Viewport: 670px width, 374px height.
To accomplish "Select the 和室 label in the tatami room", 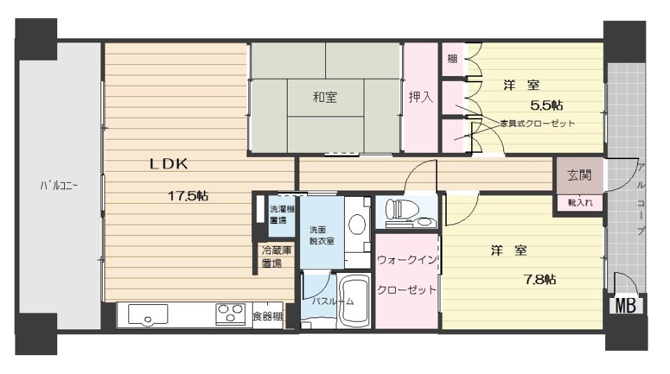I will coord(325,98).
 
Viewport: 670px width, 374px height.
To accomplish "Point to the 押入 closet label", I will coord(420,98).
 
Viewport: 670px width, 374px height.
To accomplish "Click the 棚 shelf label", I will coord(452,59).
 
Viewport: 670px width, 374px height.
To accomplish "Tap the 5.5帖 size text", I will coord(546,105).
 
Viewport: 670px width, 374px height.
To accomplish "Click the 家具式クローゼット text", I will coord(537,124).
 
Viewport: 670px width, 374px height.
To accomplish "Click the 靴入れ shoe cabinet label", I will coord(579,203).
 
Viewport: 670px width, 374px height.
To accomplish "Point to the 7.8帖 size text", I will coord(540,279).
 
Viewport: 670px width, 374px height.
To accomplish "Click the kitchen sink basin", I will coord(148,315).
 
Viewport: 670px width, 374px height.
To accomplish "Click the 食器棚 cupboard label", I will coord(268,317).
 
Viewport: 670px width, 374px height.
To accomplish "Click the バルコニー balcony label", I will coord(58,186).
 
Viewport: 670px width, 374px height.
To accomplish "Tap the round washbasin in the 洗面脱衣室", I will coord(356,223).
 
